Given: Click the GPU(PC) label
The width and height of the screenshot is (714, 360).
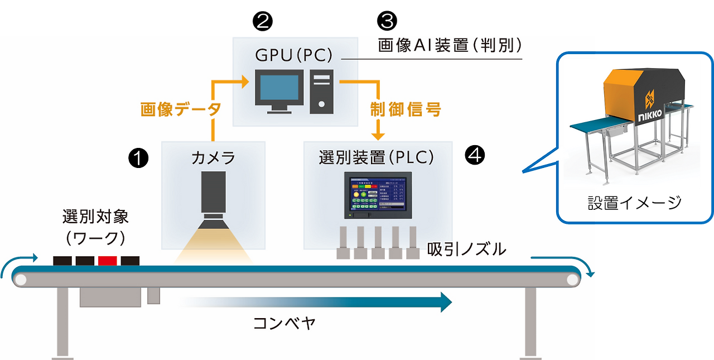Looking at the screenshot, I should pos(293,55).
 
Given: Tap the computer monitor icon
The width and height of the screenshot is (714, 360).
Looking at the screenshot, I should pos(279,89).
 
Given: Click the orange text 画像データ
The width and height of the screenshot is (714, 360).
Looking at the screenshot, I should pos(180,109).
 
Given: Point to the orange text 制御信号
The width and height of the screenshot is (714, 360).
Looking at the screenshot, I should pos(406,109).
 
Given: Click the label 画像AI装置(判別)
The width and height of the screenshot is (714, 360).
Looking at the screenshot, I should pos(450,46).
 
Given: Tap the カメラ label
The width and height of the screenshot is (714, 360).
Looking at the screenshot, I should pos(213,158).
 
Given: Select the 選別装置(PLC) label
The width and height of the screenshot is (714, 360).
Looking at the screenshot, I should pos(377,157).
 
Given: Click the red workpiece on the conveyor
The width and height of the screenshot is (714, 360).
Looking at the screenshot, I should pos(107,261).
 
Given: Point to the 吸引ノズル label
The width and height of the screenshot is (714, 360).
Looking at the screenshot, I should pos(466,249).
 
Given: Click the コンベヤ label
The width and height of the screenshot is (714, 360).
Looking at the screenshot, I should pos(284,324).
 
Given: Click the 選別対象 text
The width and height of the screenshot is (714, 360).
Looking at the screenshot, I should pos(95,217).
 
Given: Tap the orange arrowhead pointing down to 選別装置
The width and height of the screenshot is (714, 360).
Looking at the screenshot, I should pos(379,135).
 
